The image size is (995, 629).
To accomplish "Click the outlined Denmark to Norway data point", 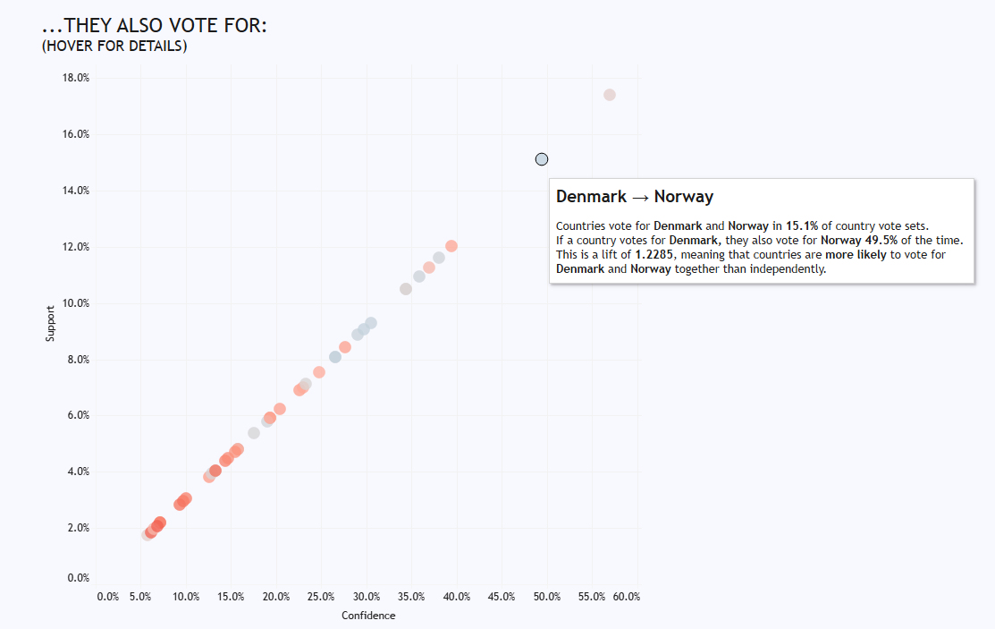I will [541, 159].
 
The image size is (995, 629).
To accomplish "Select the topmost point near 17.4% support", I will [610, 95].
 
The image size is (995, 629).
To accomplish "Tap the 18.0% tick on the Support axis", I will [76, 78].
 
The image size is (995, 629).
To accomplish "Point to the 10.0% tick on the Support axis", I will [76, 303].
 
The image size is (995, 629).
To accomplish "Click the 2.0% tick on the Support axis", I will [76, 528].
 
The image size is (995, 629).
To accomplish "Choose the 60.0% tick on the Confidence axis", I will [627, 597].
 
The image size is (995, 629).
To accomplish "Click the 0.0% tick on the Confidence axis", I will [108, 597].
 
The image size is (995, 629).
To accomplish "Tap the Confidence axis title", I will [368, 616].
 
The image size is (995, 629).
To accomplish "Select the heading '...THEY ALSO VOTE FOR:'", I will [155, 27].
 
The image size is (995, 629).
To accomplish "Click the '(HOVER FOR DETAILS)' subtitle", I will [114, 47].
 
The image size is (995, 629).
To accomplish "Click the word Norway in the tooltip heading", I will [684, 197].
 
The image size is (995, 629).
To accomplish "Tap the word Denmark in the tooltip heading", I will [591, 197].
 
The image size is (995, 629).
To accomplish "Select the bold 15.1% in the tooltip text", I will [801, 226].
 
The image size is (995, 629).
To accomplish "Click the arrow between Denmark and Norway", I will [640, 197].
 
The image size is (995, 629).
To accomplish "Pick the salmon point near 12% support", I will [451, 246].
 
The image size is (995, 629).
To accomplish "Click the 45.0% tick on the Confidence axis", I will [502, 597].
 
